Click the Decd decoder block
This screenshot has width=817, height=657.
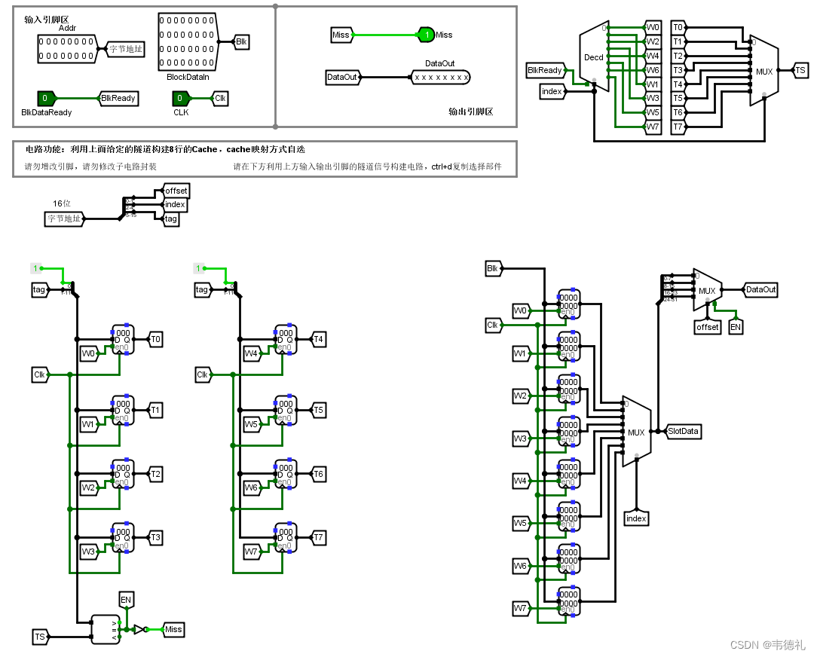tap(594, 57)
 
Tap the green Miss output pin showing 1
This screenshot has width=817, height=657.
tap(427, 35)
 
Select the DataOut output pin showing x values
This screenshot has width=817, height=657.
tap(441, 77)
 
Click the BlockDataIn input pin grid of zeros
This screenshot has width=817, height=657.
tap(187, 41)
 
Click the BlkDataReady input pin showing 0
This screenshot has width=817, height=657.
tap(46, 98)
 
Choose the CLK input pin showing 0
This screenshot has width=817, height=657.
tap(180, 98)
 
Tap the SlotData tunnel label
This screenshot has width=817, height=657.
tap(684, 432)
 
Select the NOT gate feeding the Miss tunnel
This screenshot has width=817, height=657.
tap(139, 629)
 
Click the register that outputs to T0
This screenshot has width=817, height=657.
tap(121, 340)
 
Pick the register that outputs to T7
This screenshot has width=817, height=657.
tap(285, 538)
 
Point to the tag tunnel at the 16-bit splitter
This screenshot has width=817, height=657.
tap(171, 218)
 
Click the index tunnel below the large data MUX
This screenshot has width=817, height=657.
tap(637, 518)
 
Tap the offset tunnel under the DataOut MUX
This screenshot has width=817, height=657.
tap(707, 328)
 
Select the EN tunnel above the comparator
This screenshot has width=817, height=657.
tap(126, 600)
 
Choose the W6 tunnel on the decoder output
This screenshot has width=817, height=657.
tap(653, 70)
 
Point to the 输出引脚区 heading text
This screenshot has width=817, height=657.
tap(470, 112)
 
